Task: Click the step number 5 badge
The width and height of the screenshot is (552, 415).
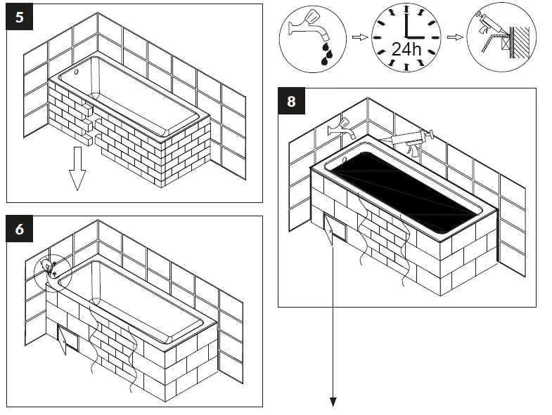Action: [19, 17]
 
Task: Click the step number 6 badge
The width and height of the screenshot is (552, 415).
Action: [19, 229]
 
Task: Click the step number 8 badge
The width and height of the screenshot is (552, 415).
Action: [291, 101]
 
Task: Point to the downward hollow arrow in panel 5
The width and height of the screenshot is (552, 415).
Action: [77, 171]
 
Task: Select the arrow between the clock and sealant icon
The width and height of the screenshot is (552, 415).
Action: [455, 37]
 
